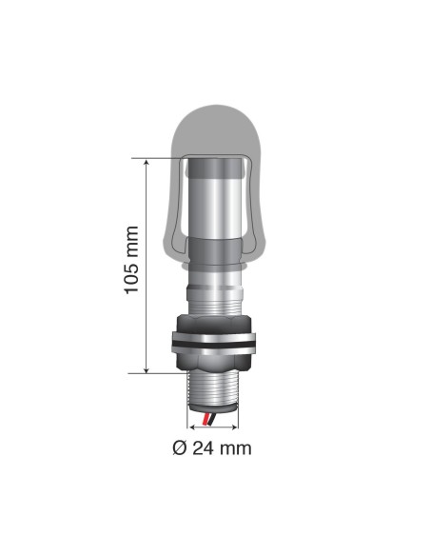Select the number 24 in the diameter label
pos(201,447)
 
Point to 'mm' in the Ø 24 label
pos(235,447)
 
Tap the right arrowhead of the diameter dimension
pos(237,427)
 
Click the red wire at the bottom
pos(206,419)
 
